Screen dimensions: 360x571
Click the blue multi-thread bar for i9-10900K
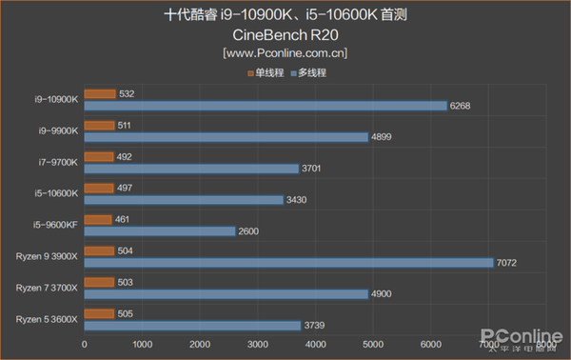click(x=266, y=106)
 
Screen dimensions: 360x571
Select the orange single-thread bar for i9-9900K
click(x=99, y=125)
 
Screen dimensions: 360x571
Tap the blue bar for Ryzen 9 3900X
click(x=288, y=263)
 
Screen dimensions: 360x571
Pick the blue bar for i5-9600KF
click(x=160, y=231)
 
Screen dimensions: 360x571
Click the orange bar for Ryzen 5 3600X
click(x=99, y=313)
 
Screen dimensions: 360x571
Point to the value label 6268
click(x=462, y=106)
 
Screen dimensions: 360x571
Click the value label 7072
click(x=508, y=263)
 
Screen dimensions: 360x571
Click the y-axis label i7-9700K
click(x=58, y=162)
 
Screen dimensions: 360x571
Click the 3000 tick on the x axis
click(x=258, y=344)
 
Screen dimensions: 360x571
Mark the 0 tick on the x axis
click(x=85, y=344)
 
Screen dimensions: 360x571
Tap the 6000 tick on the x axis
click(x=431, y=344)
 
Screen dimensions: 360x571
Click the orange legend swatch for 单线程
click(x=249, y=72)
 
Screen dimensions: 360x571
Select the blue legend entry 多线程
click(x=309, y=72)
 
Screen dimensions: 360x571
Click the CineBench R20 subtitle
click(x=285, y=35)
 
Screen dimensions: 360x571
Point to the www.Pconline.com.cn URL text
click(x=285, y=53)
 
